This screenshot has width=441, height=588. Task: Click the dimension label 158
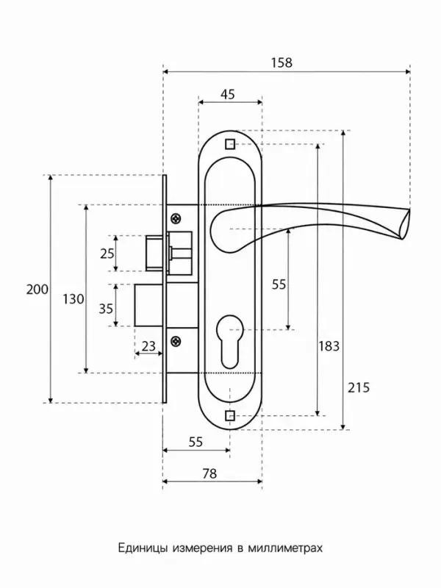pyautogui.click(x=282, y=62)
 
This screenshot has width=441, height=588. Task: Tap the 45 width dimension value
pyautogui.click(x=228, y=94)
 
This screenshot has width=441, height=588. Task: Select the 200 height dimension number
pyautogui.click(x=37, y=289)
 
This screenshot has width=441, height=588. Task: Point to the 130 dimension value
pyautogui.click(x=73, y=299)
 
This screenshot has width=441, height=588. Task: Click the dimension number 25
pyautogui.click(x=107, y=254)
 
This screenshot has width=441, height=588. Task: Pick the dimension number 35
pyautogui.click(x=106, y=309)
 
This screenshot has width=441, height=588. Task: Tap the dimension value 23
pyautogui.click(x=148, y=345)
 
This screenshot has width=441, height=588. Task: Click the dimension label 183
pyautogui.click(x=329, y=345)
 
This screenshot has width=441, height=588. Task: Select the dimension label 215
pyautogui.click(x=359, y=387)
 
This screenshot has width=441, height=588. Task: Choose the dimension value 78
pyautogui.click(x=209, y=473)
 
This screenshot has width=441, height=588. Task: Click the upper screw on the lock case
pyautogui.click(x=176, y=218)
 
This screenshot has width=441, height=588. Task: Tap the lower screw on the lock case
pyautogui.click(x=176, y=341)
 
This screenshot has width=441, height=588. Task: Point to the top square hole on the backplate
pyautogui.click(x=230, y=144)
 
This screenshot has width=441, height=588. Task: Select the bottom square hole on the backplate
pyautogui.click(x=230, y=416)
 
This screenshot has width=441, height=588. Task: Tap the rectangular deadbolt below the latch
pyautogui.click(x=148, y=305)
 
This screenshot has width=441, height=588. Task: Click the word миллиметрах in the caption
pyautogui.click(x=285, y=548)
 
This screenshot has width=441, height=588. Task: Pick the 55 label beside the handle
pyautogui.click(x=279, y=284)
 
